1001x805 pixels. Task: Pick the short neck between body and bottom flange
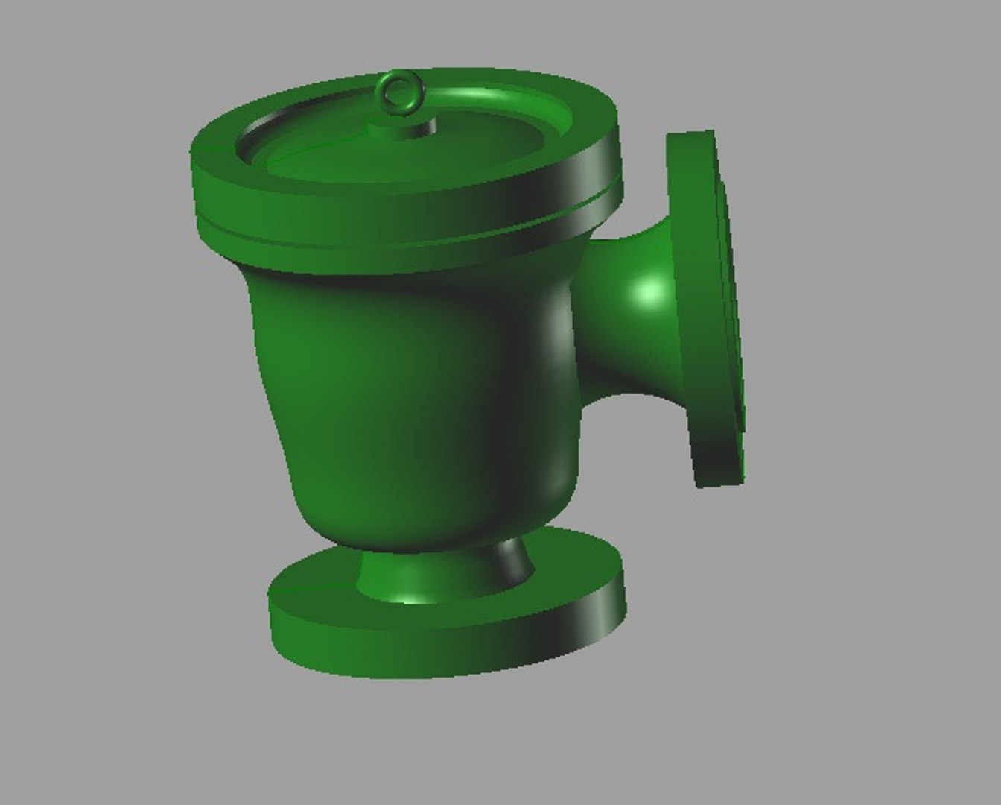click(x=447, y=574)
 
